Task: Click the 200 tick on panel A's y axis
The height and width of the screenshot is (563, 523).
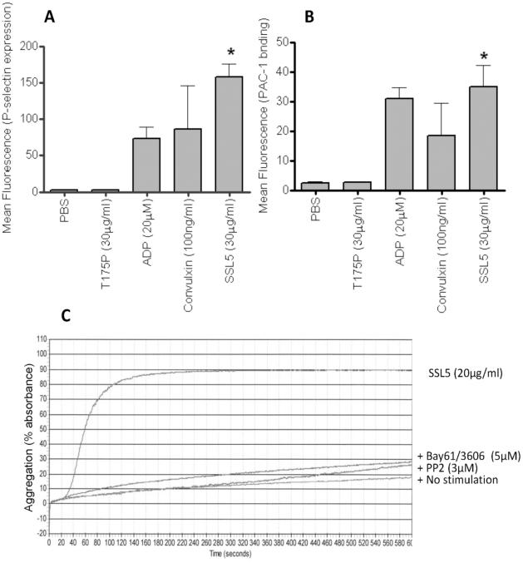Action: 35,46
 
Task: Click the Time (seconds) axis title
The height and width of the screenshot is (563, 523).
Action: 231,552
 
